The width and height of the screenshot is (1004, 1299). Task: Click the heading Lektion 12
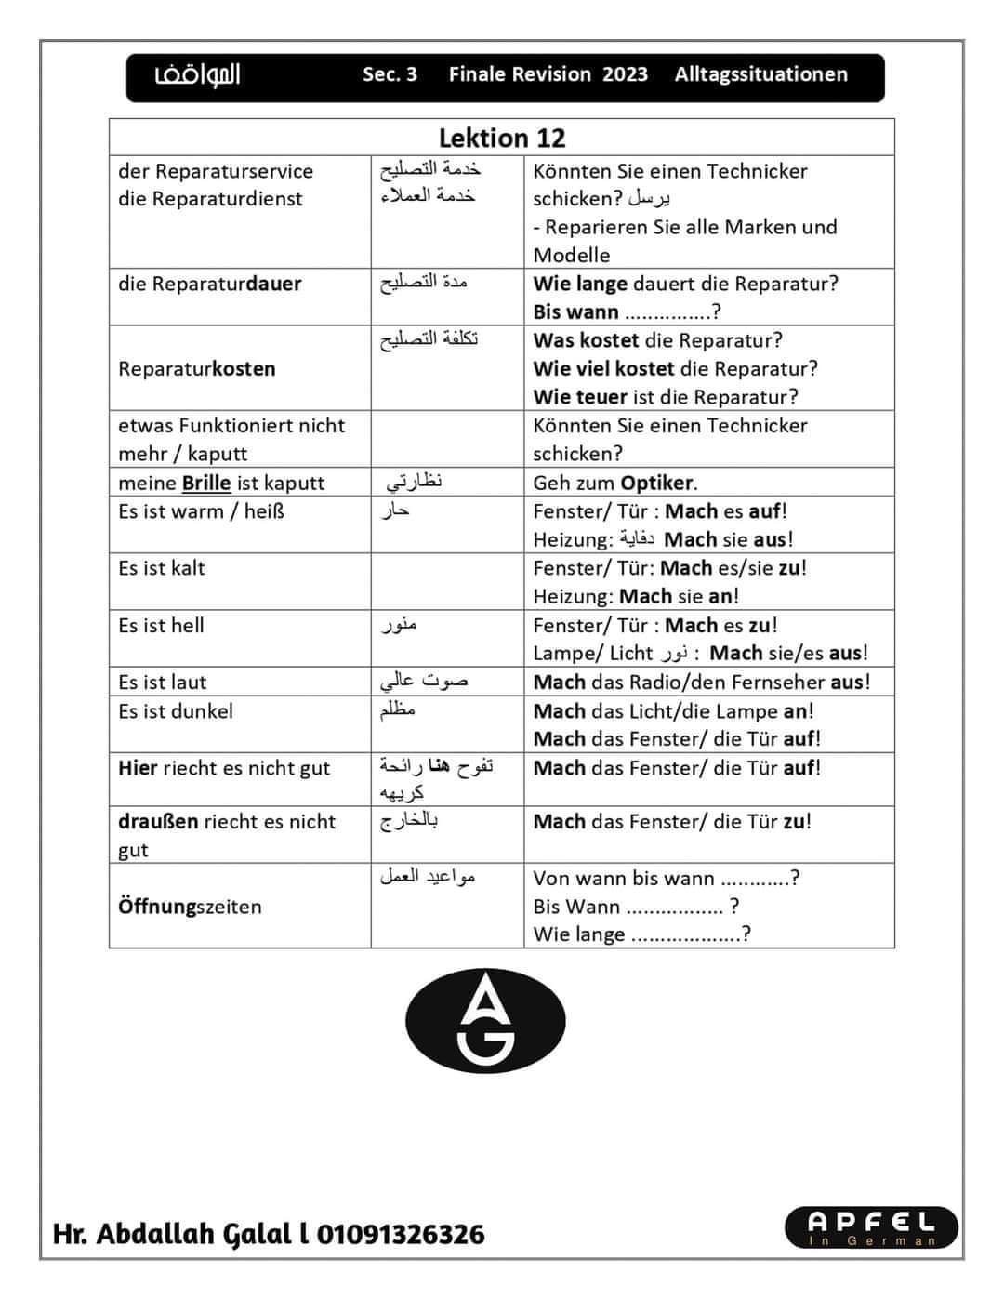(502, 138)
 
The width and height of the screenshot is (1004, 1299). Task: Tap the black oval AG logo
(486, 1020)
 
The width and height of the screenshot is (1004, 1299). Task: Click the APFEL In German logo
(859, 1226)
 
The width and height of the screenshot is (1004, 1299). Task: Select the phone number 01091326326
(401, 1234)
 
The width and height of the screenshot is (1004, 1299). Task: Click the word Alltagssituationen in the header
(760, 74)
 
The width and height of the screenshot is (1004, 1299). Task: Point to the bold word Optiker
(657, 483)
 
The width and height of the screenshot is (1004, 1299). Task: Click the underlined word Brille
(206, 483)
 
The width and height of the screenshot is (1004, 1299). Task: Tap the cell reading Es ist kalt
(162, 568)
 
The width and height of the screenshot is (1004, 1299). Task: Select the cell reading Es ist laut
(163, 682)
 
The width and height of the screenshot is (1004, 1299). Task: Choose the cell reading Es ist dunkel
(176, 711)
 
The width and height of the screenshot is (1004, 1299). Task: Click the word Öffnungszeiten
(190, 907)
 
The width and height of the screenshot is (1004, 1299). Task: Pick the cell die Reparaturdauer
(210, 284)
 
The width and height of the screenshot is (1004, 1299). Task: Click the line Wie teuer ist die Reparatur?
(666, 397)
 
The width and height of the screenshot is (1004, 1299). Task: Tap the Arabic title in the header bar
(197, 74)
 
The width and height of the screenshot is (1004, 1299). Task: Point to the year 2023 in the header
(625, 74)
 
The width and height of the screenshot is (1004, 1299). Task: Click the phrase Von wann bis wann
(624, 879)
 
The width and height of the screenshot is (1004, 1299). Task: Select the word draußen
(158, 822)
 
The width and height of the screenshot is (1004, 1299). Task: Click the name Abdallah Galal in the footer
(190, 1234)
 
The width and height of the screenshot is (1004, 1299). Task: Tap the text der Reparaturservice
(216, 171)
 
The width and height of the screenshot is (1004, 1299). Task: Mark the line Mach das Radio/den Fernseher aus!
(702, 682)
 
